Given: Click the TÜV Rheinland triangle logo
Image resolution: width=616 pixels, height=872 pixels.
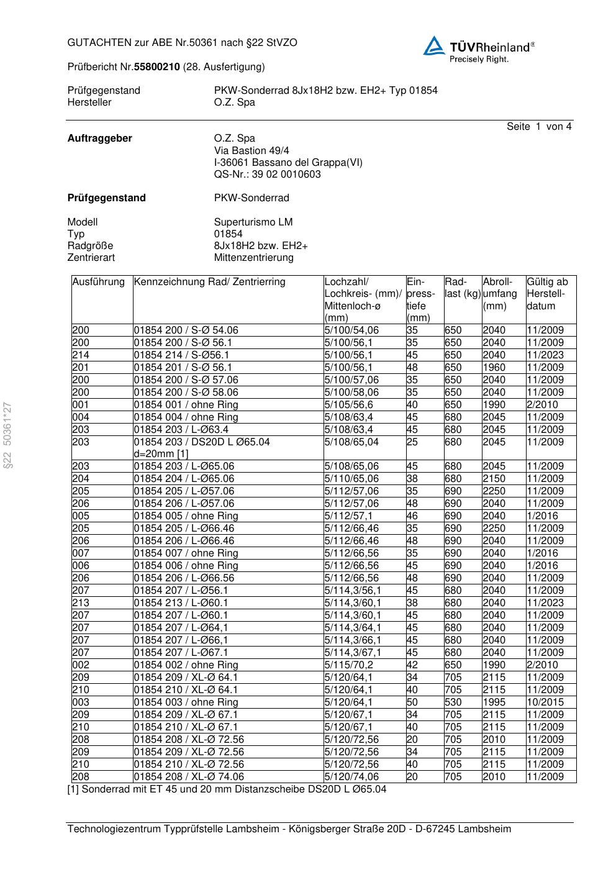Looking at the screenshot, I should [x=433, y=46].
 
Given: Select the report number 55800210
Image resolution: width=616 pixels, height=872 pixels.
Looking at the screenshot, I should [x=158, y=66].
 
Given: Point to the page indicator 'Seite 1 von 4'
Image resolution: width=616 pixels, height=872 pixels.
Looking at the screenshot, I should [x=538, y=127].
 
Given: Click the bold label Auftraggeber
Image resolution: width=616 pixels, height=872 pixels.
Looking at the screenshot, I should [x=99, y=139].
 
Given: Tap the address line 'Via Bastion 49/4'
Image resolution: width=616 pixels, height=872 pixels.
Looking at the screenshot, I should [x=251, y=150].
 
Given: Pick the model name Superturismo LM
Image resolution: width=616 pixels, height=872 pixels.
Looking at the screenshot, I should [x=253, y=222].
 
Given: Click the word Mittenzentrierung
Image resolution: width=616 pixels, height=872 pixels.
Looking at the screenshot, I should [x=253, y=257].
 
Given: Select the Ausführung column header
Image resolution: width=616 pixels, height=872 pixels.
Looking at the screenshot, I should [x=98, y=282].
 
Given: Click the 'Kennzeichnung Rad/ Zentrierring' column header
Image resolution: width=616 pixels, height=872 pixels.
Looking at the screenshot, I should [x=209, y=282].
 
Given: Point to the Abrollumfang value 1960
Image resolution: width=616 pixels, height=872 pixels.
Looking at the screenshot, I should [x=494, y=367].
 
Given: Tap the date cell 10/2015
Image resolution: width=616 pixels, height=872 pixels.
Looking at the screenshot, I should [x=545, y=702].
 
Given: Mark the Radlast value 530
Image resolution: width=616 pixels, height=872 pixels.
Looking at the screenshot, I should [x=453, y=702].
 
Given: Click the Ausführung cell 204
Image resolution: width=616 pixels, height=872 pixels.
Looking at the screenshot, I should [x=81, y=478].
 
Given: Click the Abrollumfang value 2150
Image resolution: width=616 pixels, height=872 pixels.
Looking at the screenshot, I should [x=494, y=478].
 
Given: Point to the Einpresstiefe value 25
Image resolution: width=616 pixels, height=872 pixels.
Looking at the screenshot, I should [x=412, y=442].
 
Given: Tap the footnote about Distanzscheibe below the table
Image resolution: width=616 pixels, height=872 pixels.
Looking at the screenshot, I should [x=227, y=789].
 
